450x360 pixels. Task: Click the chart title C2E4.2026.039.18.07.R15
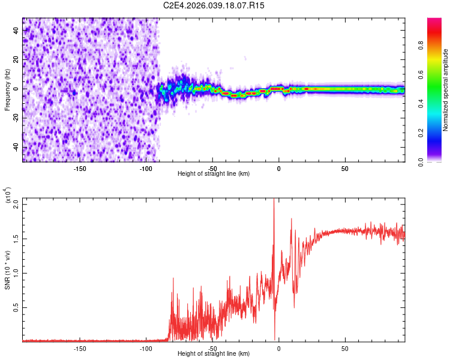214,5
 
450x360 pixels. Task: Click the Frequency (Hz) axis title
7,90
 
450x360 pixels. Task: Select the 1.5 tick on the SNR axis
16,238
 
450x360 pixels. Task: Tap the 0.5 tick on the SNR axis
16,307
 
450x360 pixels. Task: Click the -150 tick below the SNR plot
80,348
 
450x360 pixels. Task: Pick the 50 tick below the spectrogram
345,169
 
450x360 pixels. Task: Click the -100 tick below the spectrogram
146,169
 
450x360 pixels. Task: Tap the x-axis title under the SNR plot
214,355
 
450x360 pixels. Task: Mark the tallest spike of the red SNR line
274,200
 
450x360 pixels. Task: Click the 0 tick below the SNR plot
278,348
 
